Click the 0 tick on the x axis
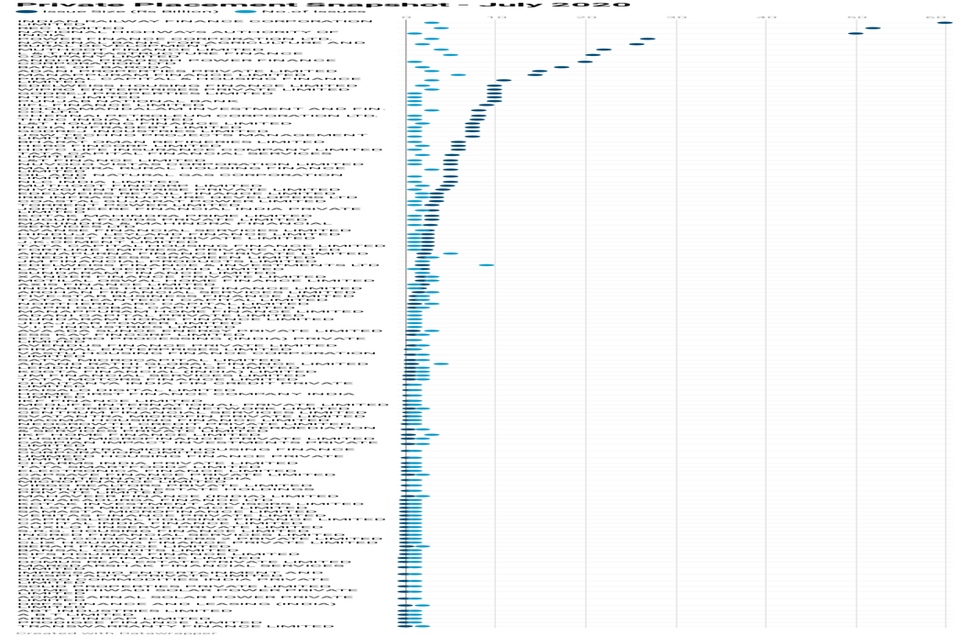point(406,17)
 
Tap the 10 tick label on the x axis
point(496,17)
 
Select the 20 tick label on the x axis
point(586,17)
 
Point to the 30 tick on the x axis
point(676,17)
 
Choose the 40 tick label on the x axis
point(766,17)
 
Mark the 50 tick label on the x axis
point(856,17)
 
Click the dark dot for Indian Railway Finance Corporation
point(945,22)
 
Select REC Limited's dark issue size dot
point(872,28)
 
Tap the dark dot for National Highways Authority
point(856,33)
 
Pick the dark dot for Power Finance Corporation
point(647,39)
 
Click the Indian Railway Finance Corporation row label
point(183,22)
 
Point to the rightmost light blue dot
point(487,265)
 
